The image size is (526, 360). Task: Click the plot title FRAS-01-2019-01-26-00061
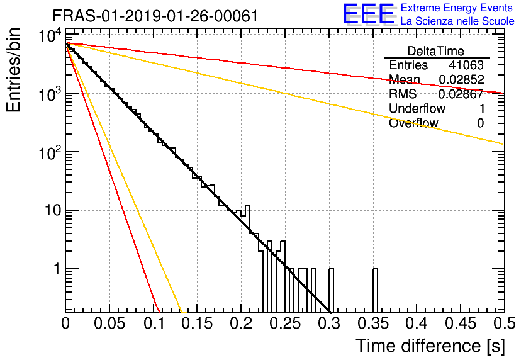click(x=155, y=16)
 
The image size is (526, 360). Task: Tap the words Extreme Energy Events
click(x=457, y=8)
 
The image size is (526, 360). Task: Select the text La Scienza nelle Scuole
click(x=457, y=21)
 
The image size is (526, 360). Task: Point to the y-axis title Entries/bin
click(x=14, y=70)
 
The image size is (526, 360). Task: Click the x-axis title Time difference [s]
click(x=430, y=346)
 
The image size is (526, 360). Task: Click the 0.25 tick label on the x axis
click(x=285, y=323)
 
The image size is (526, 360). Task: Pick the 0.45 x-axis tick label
click(x=461, y=323)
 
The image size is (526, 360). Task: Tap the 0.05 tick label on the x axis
click(x=109, y=323)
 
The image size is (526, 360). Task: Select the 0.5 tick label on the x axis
click(x=504, y=323)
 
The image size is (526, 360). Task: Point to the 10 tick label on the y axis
click(x=53, y=211)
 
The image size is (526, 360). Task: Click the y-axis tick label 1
click(x=57, y=269)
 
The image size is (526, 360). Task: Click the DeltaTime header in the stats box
click(x=436, y=51)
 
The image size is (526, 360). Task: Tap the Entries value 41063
click(x=467, y=65)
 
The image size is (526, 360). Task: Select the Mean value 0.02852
click(x=462, y=79)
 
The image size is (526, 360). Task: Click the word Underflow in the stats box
click(x=417, y=108)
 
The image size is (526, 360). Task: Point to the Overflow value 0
click(x=481, y=123)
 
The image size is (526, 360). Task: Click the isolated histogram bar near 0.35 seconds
click(x=376, y=291)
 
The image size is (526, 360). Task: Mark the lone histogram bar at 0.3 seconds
click(x=332, y=291)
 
